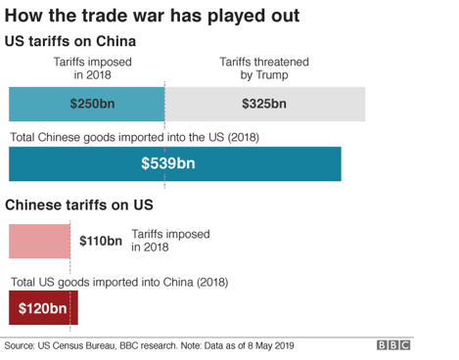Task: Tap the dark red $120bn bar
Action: (x=42, y=310)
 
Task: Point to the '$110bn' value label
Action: (x=101, y=241)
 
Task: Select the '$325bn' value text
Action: (x=263, y=104)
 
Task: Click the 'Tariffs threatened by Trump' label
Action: (x=260, y=67)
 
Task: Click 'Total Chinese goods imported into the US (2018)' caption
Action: (x=133, y=136)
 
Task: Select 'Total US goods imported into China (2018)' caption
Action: (x=118, y=283)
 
